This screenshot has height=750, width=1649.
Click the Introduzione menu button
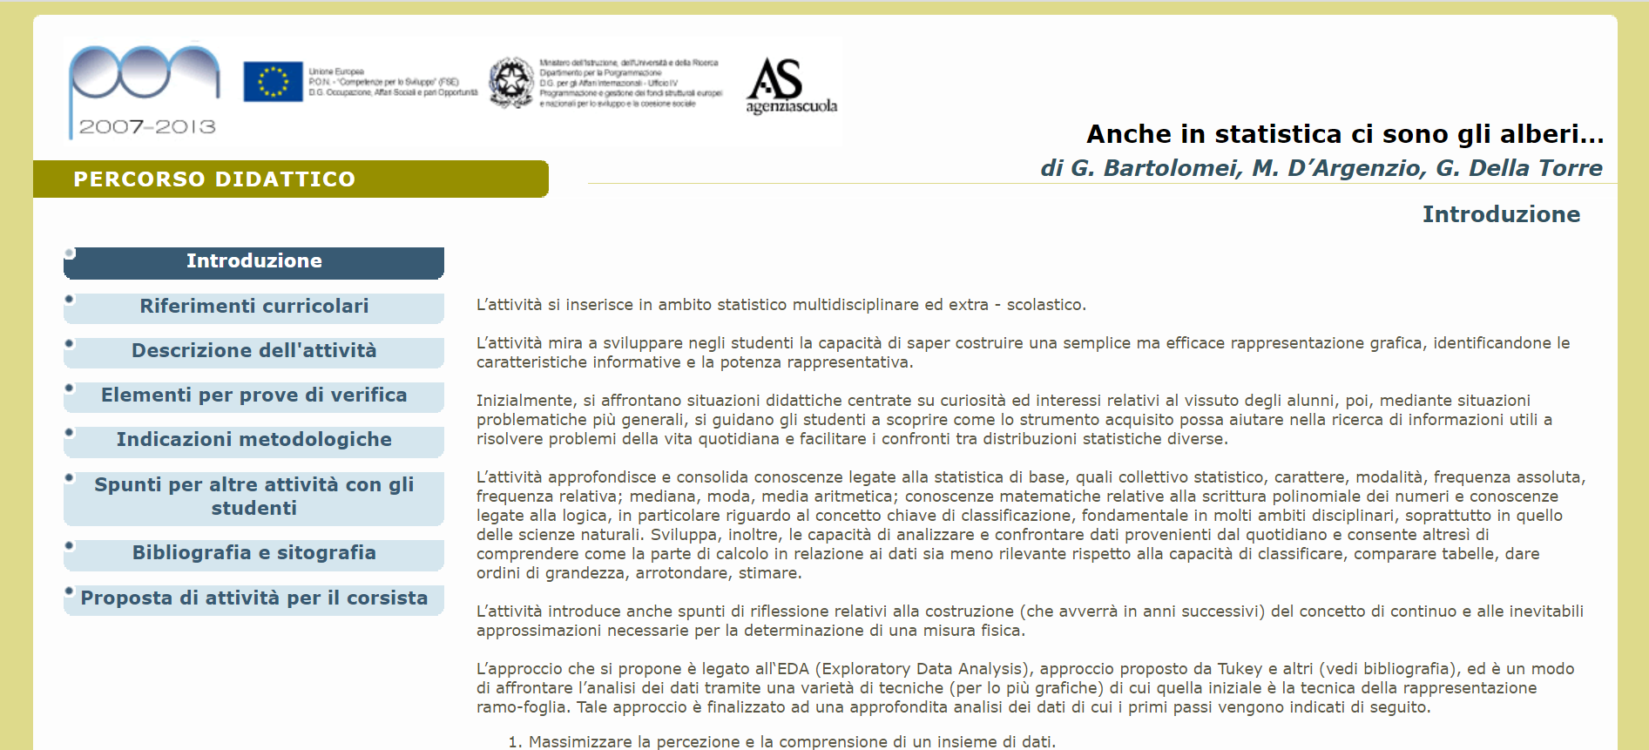[253, 261]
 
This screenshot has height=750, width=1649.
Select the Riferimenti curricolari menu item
[253, 307]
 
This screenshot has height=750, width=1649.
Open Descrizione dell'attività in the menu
[253, 351]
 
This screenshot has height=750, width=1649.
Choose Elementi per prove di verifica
[253, 395]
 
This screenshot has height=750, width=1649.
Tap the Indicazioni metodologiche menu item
[253, 440]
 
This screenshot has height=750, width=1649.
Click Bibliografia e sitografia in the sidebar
[253, 553]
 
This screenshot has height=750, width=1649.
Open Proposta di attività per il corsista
[253, 598]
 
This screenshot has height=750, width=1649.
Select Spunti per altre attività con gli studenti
[253, 497]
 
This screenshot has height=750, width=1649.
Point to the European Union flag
[273, 82]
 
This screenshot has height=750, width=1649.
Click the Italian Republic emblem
[511, 83]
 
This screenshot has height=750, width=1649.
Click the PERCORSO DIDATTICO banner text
[214, 179]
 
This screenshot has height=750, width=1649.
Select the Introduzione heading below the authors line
[1500, 214]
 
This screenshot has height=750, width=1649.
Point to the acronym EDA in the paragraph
[793, 669]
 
